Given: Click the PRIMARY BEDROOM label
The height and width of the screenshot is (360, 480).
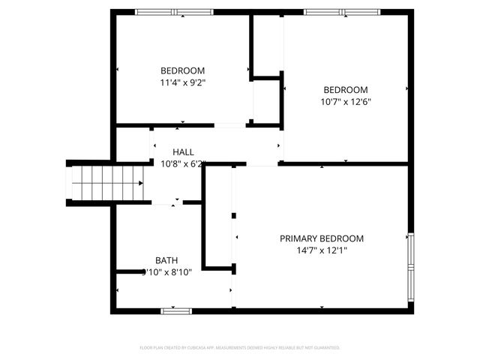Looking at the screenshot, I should tap(321, 238).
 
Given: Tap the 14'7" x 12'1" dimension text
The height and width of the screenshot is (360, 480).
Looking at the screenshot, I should tap(321, 251).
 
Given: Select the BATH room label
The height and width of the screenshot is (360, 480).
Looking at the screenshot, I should tap(166, 260).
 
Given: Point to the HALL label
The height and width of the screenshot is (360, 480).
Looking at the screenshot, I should tap(183, 151).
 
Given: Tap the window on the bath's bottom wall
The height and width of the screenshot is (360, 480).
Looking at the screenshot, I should tap(176, 310).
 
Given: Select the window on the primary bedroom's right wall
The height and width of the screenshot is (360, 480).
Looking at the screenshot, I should tap(410, 266).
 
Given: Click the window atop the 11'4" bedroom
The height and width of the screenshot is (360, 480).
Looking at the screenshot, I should tap(173, 12).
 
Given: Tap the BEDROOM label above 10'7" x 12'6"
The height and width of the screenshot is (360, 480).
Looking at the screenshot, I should tap(346, 89).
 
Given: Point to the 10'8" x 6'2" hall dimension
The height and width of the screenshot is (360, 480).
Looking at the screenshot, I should tap(183, 163).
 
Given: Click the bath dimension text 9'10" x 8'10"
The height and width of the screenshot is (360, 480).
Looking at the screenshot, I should tap(166, 272).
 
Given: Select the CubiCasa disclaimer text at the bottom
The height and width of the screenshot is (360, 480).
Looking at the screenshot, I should tap(240, 347).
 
